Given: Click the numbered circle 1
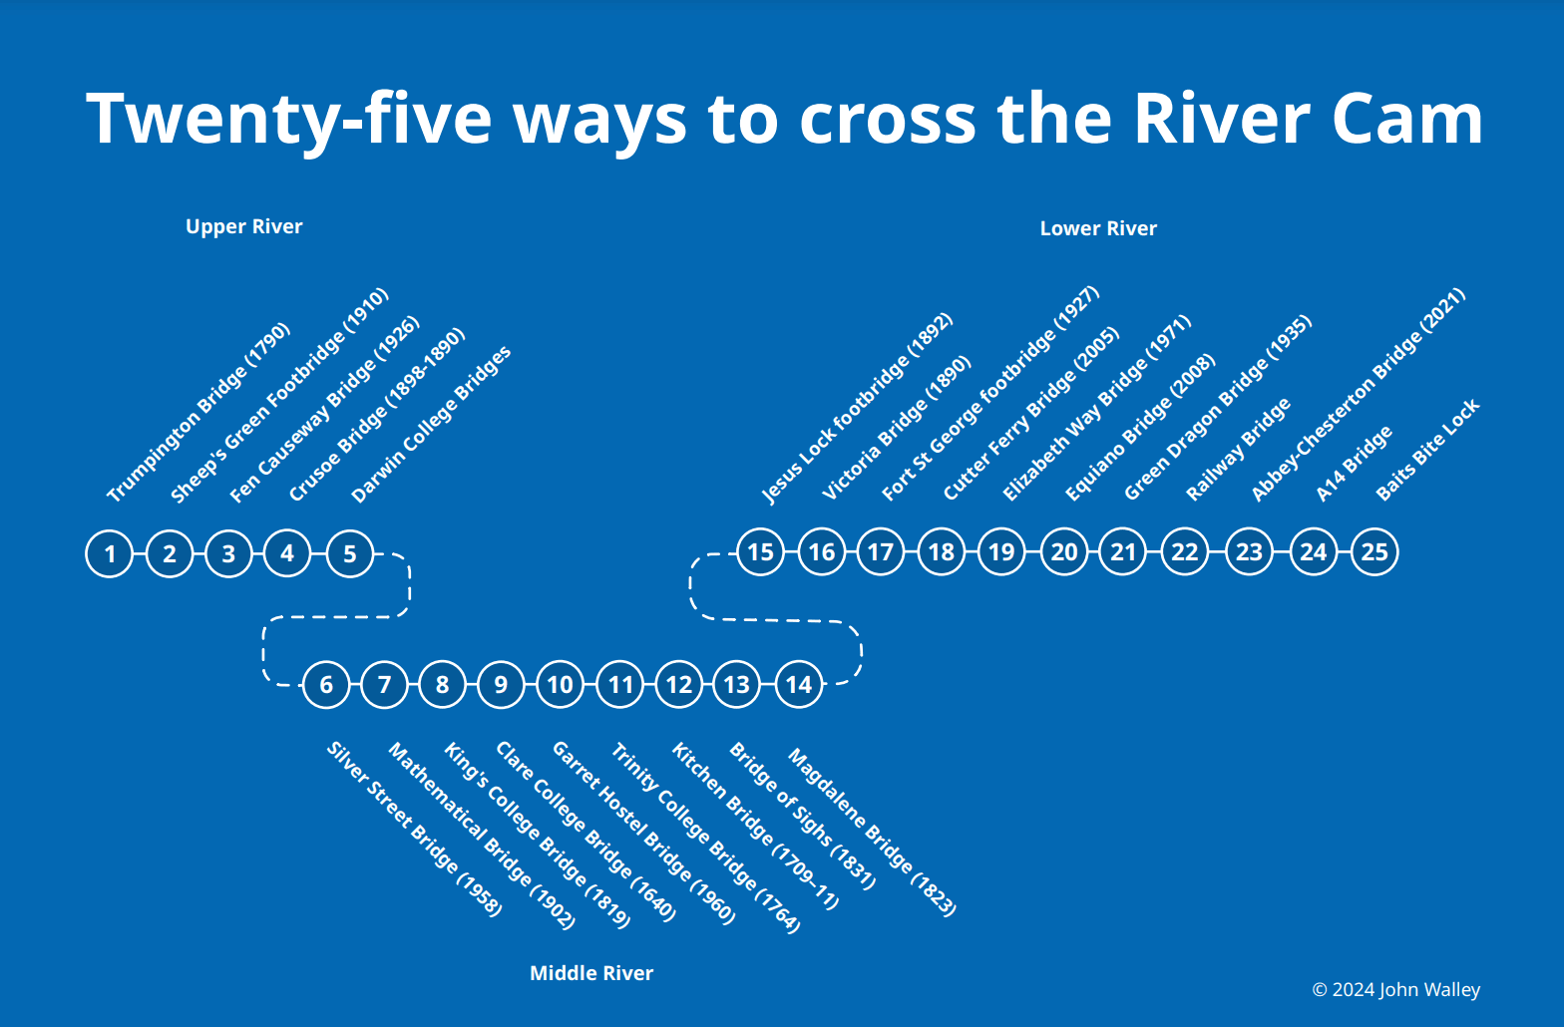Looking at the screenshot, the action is click(110, 553).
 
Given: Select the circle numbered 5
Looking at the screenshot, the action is click(350, 553).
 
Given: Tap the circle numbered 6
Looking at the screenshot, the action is click(326, 684).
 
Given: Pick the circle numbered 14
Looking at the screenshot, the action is click(799, 684).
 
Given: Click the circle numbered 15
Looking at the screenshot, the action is click(760, 552).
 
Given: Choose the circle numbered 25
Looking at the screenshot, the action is click(1374, 552).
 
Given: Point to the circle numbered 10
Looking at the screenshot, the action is click(560, 684).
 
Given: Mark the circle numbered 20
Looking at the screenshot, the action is click(1064, 552).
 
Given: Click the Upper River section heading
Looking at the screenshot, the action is click(243, 226).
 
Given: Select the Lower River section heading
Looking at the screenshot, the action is click(1098, 228).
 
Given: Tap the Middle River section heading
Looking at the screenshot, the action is click(591, 972).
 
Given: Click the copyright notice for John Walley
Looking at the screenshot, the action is click(1395, 989).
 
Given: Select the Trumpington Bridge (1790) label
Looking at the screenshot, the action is click(198, 412).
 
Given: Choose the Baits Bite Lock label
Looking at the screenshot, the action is click(1427, 450).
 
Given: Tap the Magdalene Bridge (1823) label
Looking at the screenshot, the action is click(872, 832).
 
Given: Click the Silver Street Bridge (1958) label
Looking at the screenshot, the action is click(414, 829).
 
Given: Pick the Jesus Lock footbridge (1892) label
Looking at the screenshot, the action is click(857, 409).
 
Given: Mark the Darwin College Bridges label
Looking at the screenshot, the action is click(431, 424).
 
